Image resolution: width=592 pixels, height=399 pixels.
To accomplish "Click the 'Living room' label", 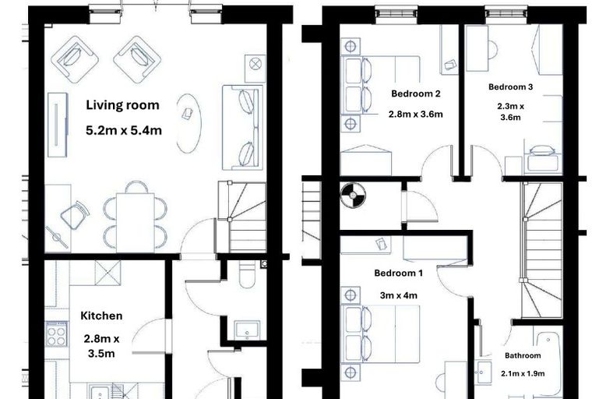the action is click(x=123, y=105).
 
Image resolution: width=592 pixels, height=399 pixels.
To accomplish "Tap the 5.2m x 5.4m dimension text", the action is click(x=124, y=131).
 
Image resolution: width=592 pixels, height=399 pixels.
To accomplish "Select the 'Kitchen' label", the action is click(x=101, y=316).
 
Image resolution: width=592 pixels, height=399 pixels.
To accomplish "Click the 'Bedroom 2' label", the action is click(x=416, y=94).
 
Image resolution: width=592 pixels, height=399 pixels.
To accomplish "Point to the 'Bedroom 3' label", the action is click(x=510, y=87).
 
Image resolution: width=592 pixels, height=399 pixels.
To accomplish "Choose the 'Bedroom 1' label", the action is click(x=398, y=273).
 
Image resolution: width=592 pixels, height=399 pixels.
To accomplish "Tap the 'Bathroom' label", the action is click(x=523, y=355).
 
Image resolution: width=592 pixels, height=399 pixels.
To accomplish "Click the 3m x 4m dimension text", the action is click(x=398, y=295).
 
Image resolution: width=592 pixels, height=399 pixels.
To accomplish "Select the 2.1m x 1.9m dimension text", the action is click(x=523, y=374).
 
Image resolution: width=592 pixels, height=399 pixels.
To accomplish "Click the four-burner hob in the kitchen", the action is click(x=57, y=334).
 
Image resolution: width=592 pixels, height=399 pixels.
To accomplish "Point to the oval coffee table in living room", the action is click(x=189, y=123).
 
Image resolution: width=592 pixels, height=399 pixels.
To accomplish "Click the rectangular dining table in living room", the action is click(x=136, y=223).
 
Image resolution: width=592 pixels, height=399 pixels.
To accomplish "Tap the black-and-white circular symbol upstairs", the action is click(x=353, y=196).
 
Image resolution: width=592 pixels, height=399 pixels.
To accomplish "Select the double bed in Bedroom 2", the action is click(x=380, y=85).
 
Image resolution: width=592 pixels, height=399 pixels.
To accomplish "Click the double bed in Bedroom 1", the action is click(x=380, y=334).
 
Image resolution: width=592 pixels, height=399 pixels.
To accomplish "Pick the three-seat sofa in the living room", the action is click(x=242, y=127).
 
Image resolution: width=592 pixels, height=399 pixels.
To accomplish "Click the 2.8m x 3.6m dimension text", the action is click(x=416, y=114).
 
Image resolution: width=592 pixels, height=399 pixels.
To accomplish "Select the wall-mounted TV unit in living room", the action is click(x=58, y=125).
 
